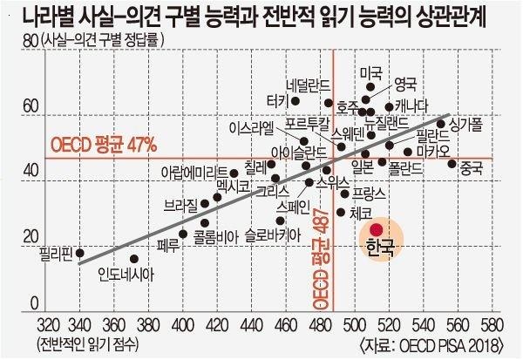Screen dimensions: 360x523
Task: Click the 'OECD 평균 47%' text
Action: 103,142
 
